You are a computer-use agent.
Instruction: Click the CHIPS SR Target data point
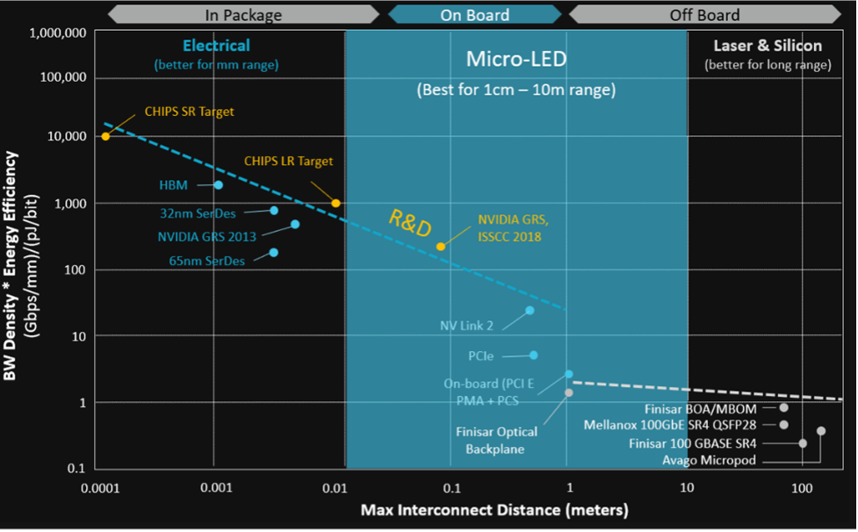tap(105, 136)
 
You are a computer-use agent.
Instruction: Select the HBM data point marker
tap(219, 185)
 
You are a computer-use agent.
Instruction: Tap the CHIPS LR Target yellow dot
tap(335, 203)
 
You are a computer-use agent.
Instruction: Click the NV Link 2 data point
tap(530, 310)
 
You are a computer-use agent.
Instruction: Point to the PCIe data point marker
tap(533, 355)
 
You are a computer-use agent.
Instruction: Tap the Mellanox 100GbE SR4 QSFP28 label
tap(670, 425)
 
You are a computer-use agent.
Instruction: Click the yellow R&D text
tap(410, 224)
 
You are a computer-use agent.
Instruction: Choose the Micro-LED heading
tap(516, 60)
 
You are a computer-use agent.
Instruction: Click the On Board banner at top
tap(474, 14)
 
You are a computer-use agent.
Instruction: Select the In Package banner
tap(243, 14)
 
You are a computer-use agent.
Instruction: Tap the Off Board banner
tap(704, 14)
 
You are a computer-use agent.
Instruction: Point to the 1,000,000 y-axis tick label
tap(58, 33)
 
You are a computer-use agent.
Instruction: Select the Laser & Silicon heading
tap(768, 46)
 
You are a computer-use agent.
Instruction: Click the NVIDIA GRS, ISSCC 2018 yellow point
tap(441, 247)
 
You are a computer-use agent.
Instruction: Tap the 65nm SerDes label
tap(206, 261)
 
